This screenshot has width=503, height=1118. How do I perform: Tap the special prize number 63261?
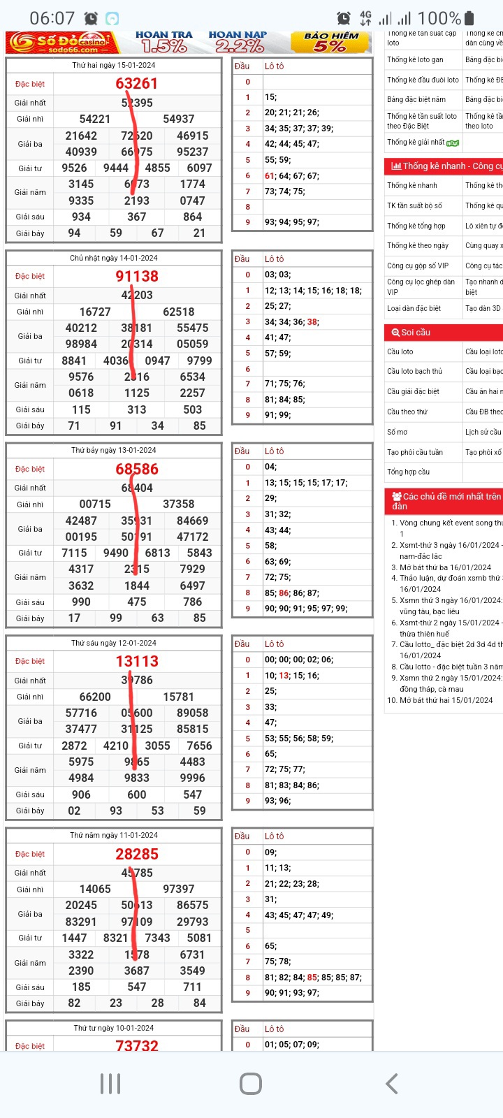click(137, 84)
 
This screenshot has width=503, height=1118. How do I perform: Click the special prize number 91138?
click(137, 276)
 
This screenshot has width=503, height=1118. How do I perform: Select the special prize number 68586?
click(137, 469)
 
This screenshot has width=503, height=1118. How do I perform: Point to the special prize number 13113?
click(137, 661)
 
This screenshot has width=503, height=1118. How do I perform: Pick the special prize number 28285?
click(137, 854)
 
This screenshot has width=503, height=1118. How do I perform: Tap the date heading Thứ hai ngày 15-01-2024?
click(114, 65)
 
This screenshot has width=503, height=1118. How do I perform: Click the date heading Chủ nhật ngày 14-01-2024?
click(114, 258)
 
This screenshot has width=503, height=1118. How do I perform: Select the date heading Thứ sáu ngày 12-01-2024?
click(114, 643)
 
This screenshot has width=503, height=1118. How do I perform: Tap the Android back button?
click(392, 1084)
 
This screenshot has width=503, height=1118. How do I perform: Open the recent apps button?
click(110, 1084)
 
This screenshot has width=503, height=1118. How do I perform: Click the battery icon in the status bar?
click(469, 18)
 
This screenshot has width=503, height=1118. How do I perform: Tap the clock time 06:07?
click(52, 18)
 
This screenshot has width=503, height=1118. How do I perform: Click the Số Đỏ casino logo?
click(61, 43)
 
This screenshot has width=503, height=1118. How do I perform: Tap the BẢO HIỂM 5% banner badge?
click(331, 42)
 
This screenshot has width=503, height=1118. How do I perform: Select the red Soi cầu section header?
click(443, 333)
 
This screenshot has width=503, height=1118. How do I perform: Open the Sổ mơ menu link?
click(398, 432)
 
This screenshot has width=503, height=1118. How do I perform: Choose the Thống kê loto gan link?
click(415, 60)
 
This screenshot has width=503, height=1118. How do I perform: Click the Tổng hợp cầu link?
click(408, 472)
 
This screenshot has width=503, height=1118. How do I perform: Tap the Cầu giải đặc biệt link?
click(413, 391)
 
